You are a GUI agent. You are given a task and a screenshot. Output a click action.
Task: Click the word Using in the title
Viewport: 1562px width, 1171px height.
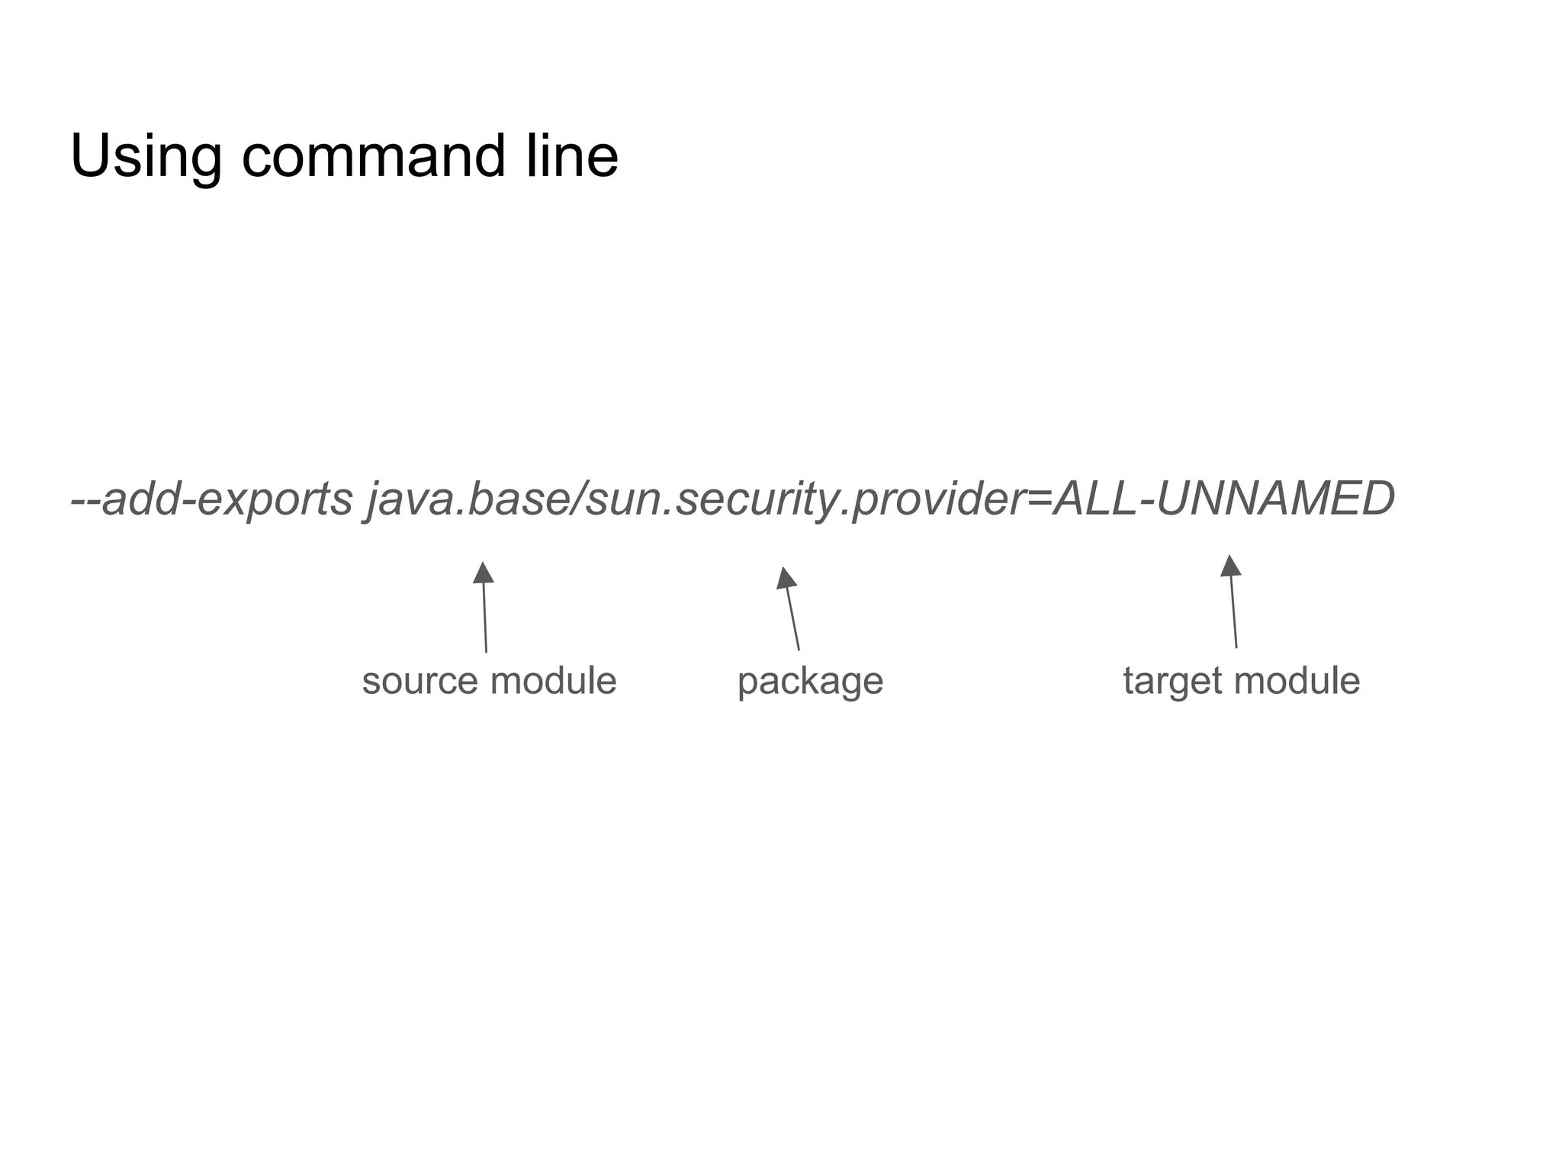point(145,157)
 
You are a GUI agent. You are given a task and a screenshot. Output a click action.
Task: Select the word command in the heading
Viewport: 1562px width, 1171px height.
point(374,157)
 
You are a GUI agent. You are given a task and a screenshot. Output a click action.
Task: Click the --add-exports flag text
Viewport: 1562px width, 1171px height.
point(212,500)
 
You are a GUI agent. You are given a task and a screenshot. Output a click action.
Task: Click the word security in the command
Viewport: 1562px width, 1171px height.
point(755,500)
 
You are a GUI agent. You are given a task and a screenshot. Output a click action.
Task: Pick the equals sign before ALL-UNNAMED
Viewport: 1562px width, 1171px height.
point(1039,500)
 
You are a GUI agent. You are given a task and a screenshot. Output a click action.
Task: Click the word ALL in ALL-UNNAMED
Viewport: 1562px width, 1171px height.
point(1094,500)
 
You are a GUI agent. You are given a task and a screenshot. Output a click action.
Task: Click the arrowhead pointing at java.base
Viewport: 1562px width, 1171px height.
point(483,573)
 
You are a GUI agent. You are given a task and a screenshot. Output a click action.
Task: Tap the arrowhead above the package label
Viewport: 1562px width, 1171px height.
point(786,578)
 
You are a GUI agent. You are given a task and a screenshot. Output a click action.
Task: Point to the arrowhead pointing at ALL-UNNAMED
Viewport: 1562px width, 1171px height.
point(1229,566)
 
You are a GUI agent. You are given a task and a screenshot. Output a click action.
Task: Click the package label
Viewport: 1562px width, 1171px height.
point(810,681)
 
